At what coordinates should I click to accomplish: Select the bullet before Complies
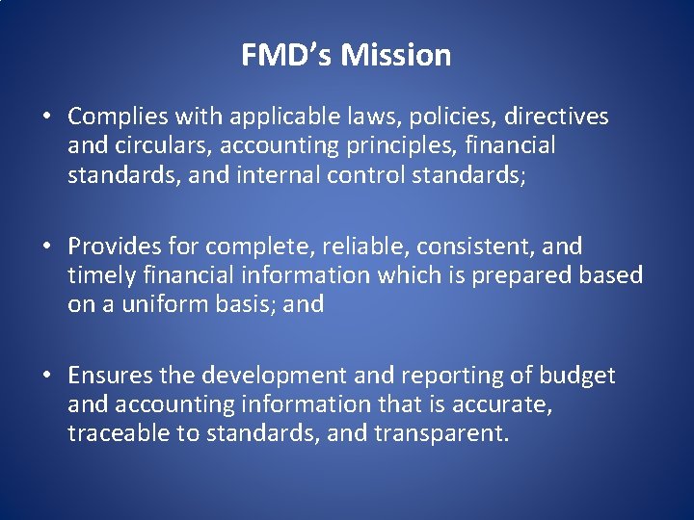[46, 117]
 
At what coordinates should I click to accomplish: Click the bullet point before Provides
[46, 247]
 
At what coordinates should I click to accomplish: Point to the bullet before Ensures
[46, 377]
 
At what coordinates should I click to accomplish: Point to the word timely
[100, 276]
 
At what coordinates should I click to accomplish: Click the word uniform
[157, 305]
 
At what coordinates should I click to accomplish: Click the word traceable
[119, 433]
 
